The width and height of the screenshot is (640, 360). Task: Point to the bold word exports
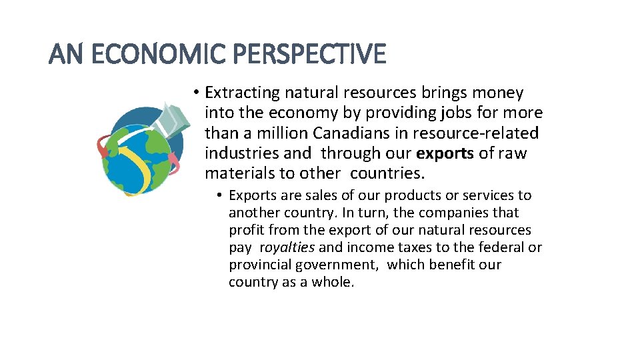coord(445,153)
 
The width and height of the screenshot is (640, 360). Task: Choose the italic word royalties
coord(288,247)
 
